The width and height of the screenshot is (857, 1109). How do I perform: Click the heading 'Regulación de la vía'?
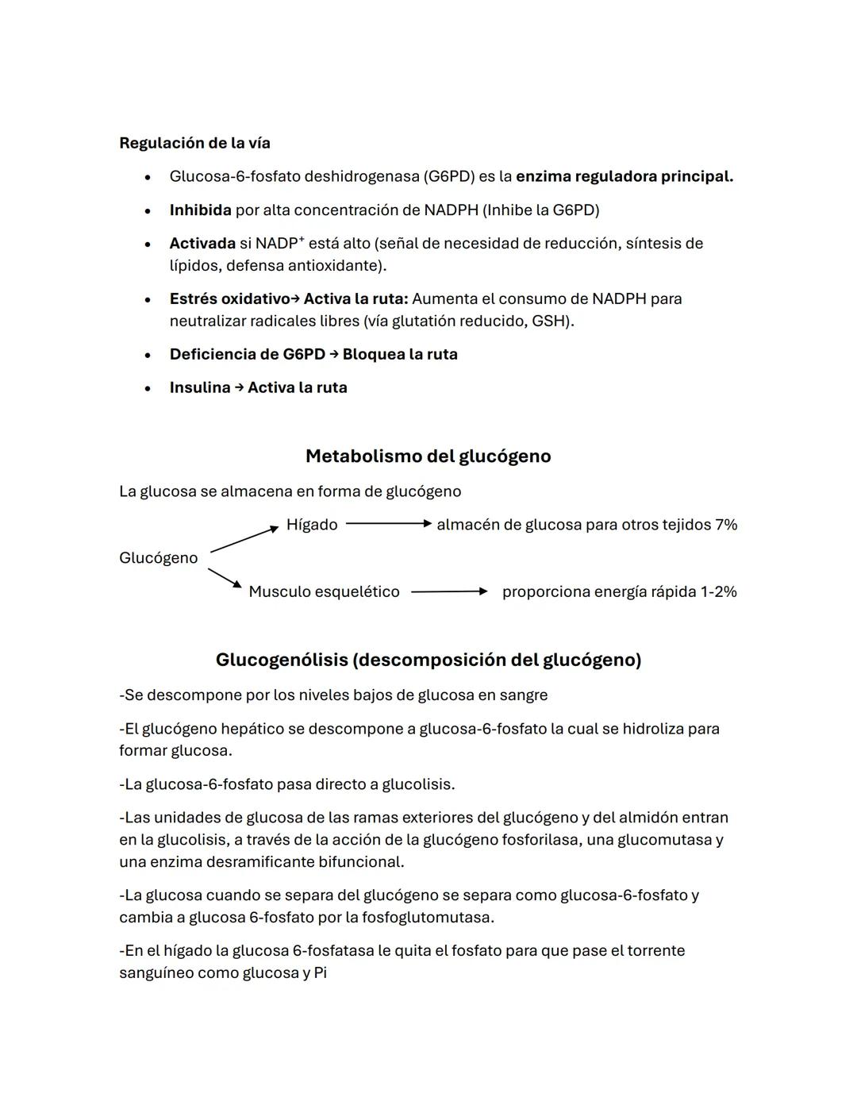click(194, 143)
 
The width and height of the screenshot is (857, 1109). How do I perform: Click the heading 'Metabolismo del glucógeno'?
click(428, 456)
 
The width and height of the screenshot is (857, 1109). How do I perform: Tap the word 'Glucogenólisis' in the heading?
click(282, 660)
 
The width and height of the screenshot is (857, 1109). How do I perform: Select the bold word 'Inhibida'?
click(200, 210)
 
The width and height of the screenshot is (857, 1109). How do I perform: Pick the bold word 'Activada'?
click(202, 244)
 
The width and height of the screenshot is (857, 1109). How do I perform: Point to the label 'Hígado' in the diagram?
click(312, 525)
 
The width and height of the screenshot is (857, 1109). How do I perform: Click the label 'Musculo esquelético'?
click(324, 591)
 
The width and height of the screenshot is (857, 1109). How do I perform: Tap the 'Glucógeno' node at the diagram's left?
click(158, 558)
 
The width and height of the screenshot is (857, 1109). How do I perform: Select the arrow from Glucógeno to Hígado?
click(244, 540)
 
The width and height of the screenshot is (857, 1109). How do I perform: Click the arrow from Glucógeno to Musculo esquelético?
click(225, 578)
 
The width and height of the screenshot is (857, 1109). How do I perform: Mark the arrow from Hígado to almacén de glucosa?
click(388, 524)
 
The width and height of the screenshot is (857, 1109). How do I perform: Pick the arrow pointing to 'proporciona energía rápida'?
click(448, 591)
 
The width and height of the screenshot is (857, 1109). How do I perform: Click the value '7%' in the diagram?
click(725, 525)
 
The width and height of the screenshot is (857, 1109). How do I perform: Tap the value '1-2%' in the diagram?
click(719, 591)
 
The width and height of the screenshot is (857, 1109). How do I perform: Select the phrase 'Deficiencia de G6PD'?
click(248, 355)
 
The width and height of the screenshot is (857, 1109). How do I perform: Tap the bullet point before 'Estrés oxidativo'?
click(148, 300)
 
